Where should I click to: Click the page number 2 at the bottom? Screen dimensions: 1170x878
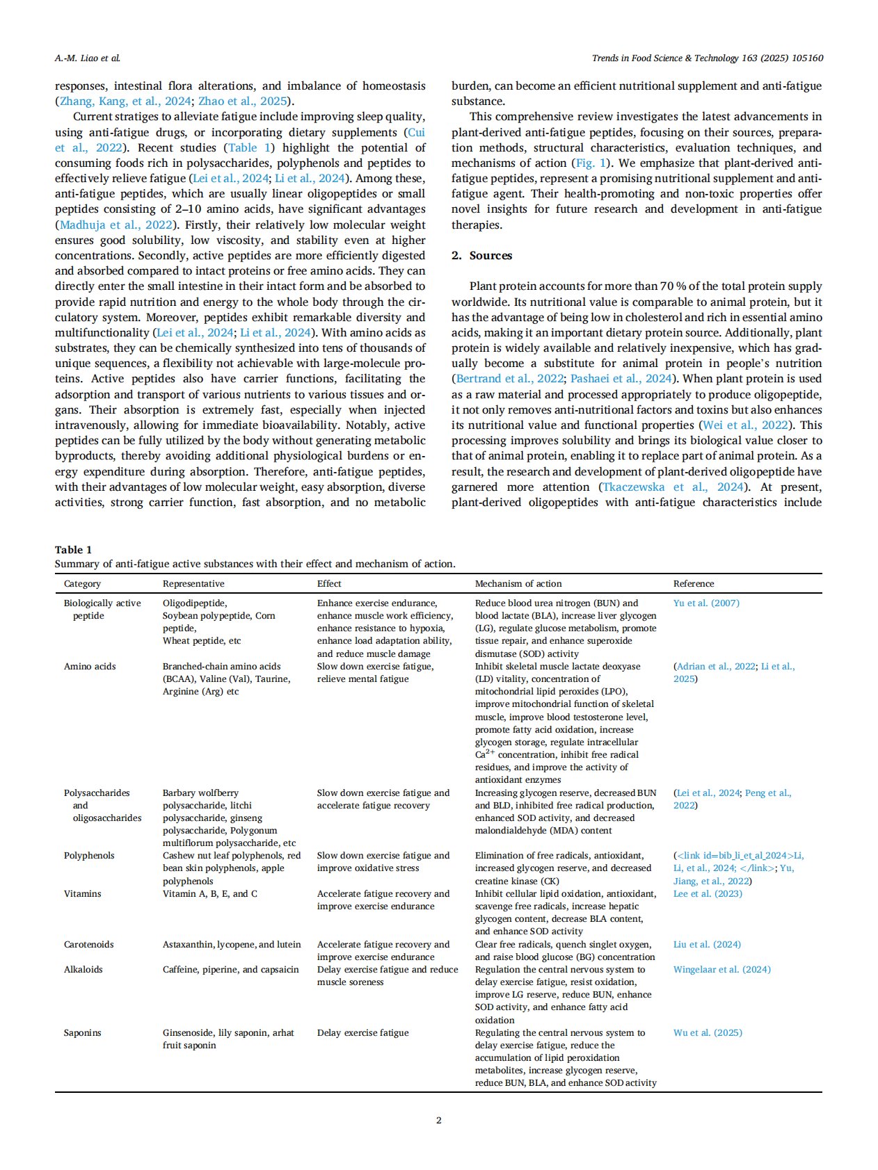pos(438,1120)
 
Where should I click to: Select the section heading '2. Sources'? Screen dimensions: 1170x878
pos(481,255)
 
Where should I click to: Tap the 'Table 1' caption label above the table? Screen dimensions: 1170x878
pos(73,549)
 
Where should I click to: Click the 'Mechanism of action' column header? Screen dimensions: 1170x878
pos(518,583)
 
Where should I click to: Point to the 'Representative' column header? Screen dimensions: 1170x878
pos(193,583)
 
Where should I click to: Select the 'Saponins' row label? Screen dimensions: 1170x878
pos(82,1032)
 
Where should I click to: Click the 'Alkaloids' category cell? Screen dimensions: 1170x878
pos(83,969)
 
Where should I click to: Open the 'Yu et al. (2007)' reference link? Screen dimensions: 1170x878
pos(706,603)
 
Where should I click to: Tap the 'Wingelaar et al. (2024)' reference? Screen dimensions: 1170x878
pos(721,969)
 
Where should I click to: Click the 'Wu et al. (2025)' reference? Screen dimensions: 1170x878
pos(708,1032)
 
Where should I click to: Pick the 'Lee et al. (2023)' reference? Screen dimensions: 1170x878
pos(708,893)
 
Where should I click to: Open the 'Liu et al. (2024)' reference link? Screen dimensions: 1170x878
pos(707,944)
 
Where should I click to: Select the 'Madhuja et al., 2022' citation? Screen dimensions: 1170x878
pos(116,225)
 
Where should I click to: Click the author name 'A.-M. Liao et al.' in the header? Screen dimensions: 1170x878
pos(87,58)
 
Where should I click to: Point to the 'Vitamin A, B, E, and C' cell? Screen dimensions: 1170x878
pos(209,893)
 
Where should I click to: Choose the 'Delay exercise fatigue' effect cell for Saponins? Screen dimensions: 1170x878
pos(362,1032)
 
